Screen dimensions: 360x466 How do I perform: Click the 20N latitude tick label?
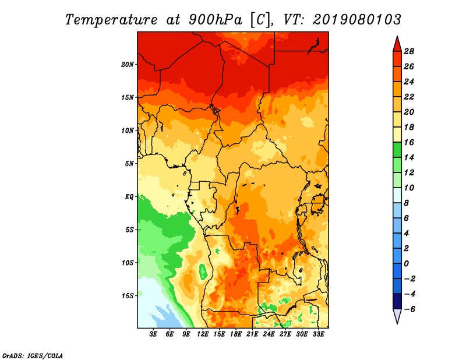click(128, 64)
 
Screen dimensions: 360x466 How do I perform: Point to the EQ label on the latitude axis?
click(129, 196)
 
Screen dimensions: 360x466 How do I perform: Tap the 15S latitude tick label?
click(128, 295)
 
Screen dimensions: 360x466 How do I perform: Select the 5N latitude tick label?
click(129, 163)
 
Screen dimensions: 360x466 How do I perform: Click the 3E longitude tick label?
click(154, 334)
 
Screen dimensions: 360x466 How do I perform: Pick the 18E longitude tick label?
click(236, 334)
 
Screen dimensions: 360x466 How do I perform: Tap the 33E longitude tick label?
click(318, 334)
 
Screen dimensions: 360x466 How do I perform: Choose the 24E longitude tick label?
click(269, 334)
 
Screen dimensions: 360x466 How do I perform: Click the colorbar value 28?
click(408, 51)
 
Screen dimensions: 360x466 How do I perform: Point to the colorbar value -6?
click(408, 309)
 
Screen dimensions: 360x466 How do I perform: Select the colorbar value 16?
click(408, 142)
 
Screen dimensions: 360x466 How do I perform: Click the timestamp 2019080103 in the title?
click(357, 20)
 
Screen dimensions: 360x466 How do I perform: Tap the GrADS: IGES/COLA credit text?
click(33, 355)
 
